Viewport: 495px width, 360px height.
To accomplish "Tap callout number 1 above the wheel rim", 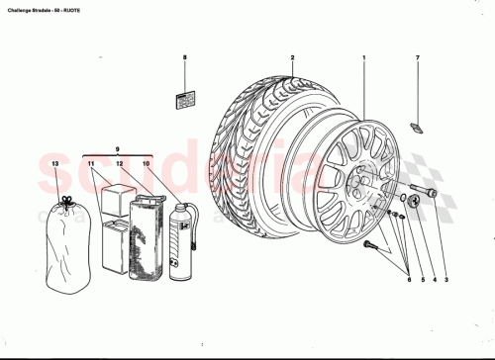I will [x=363, y=58].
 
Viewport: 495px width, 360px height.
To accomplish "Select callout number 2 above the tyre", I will [x=292, y=58].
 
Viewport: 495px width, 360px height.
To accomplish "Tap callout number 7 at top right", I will [x=417, y=58].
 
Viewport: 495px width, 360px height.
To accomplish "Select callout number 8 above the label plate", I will [x=184, y=58].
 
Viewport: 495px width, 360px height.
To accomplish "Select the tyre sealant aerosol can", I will [x=180, y=242].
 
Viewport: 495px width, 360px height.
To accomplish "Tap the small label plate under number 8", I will [x=184, y=99].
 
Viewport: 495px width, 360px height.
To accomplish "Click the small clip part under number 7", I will [x=417, y=125].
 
